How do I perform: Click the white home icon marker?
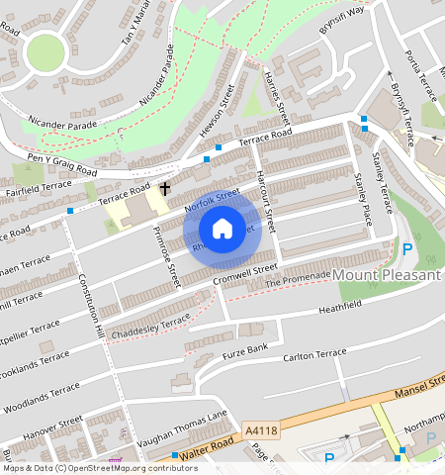click(222, 229)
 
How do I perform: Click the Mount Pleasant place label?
click(387, 274)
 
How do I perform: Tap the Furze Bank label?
click(244, 350)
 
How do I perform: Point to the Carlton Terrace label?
click(315, 354)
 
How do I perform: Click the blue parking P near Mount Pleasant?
click(406, 249)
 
